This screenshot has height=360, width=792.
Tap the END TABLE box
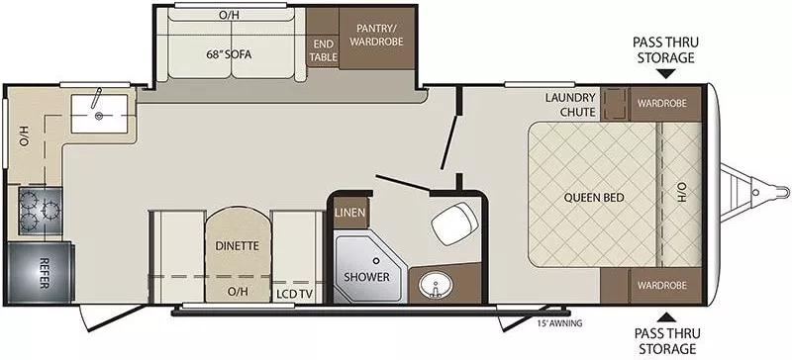point(323,49)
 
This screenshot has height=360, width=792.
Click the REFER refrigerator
point(39,266)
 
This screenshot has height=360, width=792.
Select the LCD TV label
point(295,292)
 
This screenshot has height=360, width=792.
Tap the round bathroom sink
point(433,288)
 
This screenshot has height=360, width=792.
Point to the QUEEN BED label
point(593,197)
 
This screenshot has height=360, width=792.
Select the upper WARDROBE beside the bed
point(662,103)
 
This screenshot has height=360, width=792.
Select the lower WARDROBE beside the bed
point(662,285)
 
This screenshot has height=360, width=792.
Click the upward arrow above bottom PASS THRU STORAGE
point(668,316)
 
